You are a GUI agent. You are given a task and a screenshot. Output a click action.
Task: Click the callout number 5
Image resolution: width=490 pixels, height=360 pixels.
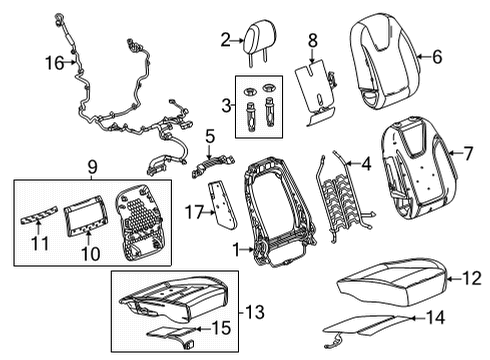209,135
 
